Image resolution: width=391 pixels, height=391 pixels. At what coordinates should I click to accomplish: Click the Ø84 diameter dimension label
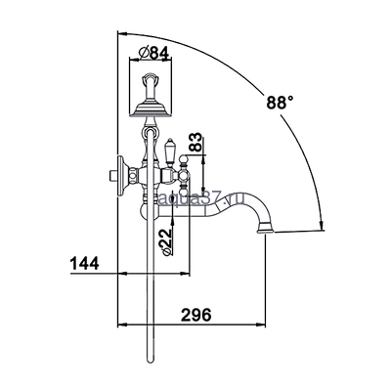[155, 51]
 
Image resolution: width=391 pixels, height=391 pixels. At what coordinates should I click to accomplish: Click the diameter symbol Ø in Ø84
[144, 51]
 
